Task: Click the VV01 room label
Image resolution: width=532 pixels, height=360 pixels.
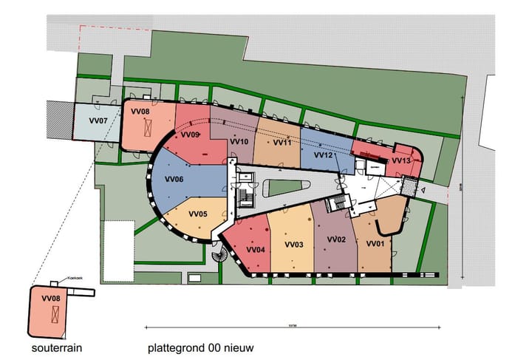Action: click(375, 243)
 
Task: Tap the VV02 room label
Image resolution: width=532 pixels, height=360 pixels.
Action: click(336, 240)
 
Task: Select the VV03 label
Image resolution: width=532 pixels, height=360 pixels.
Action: click(294, 245)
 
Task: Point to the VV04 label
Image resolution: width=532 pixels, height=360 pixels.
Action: click(256, 249)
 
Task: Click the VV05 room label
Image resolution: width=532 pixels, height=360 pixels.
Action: click(198, 214)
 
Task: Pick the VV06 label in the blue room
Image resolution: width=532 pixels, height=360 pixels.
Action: click(174, 179)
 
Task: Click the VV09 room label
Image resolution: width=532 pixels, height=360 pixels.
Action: click(191, 135)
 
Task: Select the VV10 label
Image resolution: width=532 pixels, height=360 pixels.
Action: click(239, 140)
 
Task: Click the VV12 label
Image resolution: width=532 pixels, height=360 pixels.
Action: click(324, 155)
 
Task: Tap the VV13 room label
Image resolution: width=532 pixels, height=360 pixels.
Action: click(402, 160)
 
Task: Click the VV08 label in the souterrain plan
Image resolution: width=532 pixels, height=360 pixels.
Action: click(50, 298)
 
